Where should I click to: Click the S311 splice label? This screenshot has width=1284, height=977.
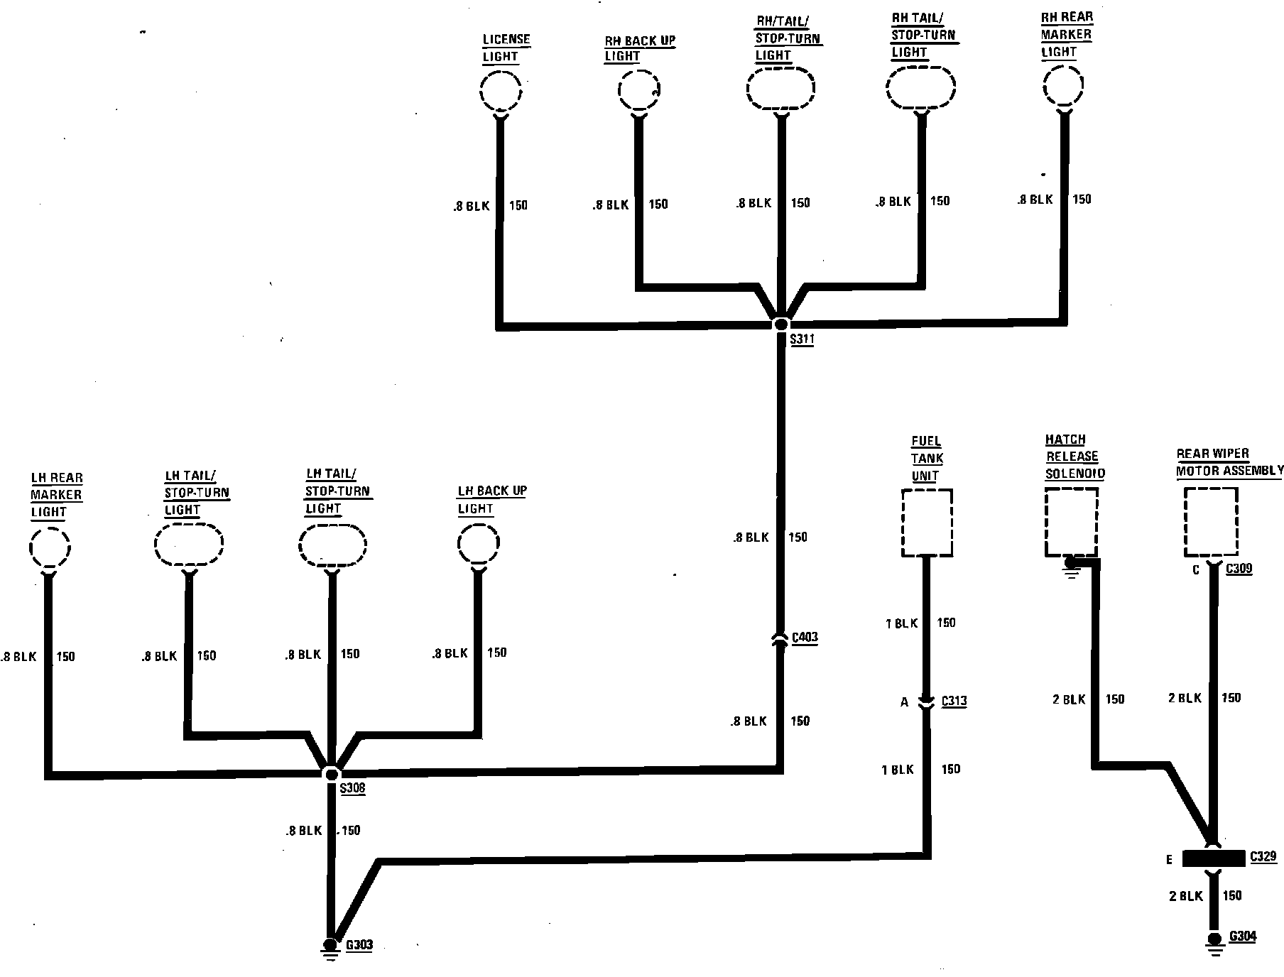click(x=802, y=339)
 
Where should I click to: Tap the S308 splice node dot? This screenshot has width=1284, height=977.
click(x=331, y=773)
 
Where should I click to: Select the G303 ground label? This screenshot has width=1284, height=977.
click(x=359, y=946)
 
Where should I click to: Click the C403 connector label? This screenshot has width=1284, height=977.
click(x=804, y=637)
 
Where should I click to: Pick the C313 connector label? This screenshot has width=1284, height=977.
click(x=954, y=702)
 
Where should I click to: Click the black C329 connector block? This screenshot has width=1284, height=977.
click(x=1214, y=858)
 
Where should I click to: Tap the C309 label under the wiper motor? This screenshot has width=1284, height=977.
click(x=1239, y=569)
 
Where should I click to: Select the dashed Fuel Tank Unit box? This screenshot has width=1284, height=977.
click(x=927, y=523)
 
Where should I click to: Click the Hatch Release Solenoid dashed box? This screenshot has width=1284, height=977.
click(x=1072, y=522)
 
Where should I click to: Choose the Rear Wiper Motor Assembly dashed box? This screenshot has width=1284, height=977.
click(x=1211, y=522)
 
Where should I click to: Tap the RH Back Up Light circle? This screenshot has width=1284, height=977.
click(x=639, y=91)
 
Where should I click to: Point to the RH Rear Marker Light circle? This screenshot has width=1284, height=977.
click(x=1063, y=87)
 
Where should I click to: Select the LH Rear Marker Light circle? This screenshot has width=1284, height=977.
click(x=50, y=547)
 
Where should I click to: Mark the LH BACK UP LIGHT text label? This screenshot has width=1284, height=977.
click(x=491, y=500)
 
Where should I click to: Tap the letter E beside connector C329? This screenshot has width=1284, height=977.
click(x=1169, y=860)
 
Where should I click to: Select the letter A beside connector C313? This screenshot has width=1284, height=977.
click(x=904, y=702)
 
